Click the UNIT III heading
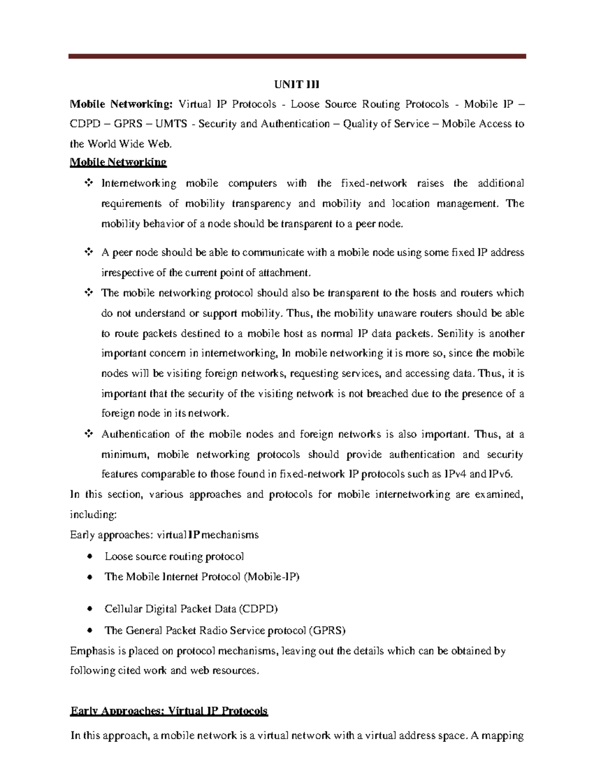[x=297, y=85]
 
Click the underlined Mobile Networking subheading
[x=118, y=162]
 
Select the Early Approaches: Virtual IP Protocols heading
[x=169, y=711]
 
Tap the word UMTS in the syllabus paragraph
[x=171, y=124]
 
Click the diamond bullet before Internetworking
[x=89, y=183]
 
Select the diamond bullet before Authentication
[x=89, y=434]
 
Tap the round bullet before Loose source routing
[x=89, y=556]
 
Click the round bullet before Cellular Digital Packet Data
[x=89, y=609]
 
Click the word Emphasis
[x=92, y=651]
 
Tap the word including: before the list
[x=93, y=514]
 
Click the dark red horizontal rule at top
[x=297, y=56]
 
